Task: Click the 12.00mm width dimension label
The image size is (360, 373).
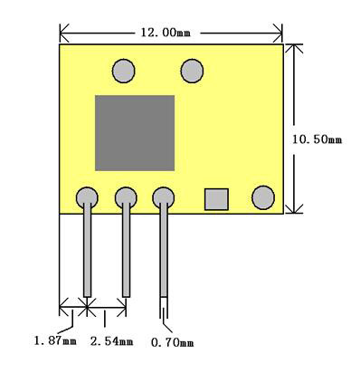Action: pos(166,33)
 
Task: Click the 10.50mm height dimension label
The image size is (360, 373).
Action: pos(317,139)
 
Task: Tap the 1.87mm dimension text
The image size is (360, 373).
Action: pos(55,341)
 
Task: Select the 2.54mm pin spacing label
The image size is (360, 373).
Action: pos(111,341)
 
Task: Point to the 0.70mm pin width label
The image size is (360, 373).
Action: pos(172,342)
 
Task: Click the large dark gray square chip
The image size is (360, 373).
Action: pos(135,133)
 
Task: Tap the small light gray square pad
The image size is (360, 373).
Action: pos(216,199)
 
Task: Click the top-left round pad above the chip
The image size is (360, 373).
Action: pos(124,71)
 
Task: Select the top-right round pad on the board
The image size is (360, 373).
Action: pos(192,71)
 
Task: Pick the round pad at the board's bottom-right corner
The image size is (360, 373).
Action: pos(263,197)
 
